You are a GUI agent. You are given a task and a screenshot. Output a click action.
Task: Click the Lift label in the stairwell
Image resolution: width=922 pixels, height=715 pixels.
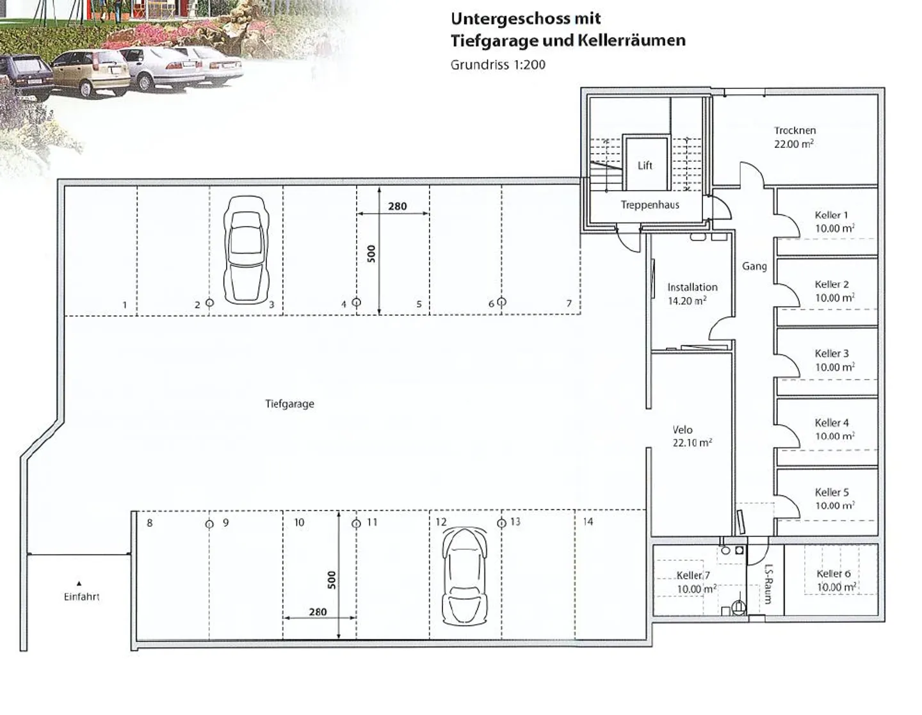[645, 166]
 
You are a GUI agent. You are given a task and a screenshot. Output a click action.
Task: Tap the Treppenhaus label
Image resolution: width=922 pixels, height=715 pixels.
[650, 205]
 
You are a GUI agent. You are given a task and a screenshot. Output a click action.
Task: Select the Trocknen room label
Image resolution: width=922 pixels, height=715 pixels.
[795, 131]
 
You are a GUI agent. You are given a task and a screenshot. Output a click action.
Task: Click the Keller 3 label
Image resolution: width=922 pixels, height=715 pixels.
[832, 353]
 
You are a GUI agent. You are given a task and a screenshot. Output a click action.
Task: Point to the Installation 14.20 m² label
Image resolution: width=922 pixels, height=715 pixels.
[692, 294]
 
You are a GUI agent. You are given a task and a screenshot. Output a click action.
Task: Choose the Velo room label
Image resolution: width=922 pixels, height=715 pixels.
[683, 430]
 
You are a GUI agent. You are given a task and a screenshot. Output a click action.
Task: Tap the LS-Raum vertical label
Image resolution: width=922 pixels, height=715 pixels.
[768, 584]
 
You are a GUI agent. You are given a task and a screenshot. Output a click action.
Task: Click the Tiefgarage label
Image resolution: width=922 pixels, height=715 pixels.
[289, 404]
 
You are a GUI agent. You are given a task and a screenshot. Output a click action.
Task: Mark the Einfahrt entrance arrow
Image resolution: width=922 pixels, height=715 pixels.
[79, 583]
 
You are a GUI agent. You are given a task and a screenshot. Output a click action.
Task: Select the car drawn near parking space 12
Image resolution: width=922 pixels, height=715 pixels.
[464, 575]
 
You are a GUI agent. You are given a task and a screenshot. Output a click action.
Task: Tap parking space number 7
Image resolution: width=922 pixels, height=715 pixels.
[569, 303]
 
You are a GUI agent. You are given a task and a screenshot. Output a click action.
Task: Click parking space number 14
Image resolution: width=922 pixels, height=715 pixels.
[588, 522]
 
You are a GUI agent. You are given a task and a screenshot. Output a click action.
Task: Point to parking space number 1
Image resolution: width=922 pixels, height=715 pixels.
[125, 305]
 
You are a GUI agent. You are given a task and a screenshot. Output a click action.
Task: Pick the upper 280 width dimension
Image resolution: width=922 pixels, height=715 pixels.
[397, 206]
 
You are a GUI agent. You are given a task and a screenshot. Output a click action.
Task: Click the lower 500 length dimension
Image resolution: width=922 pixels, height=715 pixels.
[332, 580]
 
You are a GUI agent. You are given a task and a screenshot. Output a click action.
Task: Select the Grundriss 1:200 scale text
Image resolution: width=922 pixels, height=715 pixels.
[497, 65]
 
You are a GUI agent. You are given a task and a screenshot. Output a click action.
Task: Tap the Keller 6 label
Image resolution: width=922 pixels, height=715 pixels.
[833, 574]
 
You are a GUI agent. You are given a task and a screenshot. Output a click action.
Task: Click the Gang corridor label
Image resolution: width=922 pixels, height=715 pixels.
[754, 266]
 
